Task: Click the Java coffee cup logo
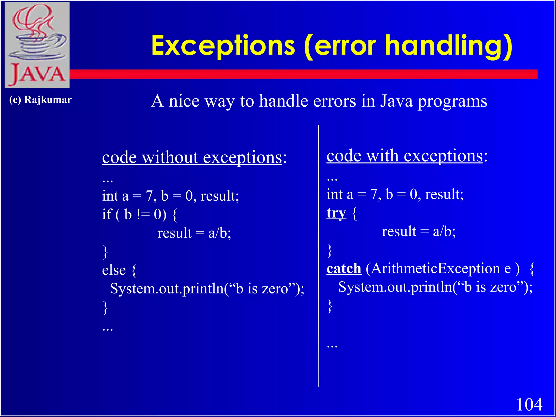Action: [x=37, y=45]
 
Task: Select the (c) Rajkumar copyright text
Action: [x=40, y=100]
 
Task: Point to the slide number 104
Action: [x=529, y=405]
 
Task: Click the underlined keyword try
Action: [x=336, y=213]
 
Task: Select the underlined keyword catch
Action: [x=344, y=269]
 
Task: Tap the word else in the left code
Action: [x=114, y=270]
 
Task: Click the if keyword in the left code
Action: [x=107, y=214]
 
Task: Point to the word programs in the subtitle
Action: [x=452, y=102]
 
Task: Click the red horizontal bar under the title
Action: [x=299, y=74]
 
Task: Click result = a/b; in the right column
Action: [x=419, y=232]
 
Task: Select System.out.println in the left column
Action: [x=167, y=288]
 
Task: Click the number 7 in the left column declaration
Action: [x=149, y=196]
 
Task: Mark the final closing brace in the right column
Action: [x=330, y=306]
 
